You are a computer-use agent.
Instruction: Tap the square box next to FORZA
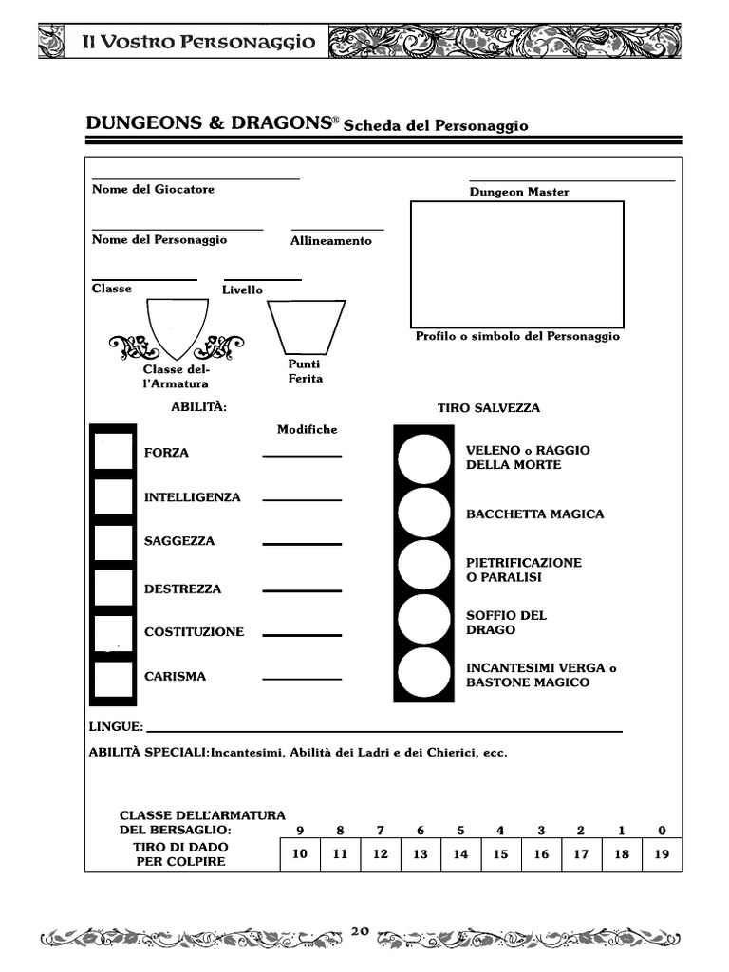[113, 451]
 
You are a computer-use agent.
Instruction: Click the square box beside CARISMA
[113, 678]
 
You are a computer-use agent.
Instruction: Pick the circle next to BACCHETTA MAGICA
[423, 512]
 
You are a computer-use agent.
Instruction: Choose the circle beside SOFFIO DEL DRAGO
[423, 620]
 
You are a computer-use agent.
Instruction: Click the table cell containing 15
[500, 854]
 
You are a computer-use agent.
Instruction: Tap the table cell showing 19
[662, 854]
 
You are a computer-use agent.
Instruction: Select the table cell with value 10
[299, 854]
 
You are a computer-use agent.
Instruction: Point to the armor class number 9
[299, 831]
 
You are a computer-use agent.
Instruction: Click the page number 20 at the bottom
[360, 931]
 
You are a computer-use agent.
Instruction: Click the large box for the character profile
[516, 264]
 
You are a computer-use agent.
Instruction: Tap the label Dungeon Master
[519, 192]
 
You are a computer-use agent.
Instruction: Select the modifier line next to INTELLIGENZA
[302, 499]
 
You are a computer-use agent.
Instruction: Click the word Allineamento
[331, 241]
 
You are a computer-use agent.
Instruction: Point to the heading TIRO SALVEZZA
[489, 408]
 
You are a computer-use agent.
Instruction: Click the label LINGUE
[115, 727]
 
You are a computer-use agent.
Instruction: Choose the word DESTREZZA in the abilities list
[182, 589]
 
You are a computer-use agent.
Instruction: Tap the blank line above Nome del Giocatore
[196, 178]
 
